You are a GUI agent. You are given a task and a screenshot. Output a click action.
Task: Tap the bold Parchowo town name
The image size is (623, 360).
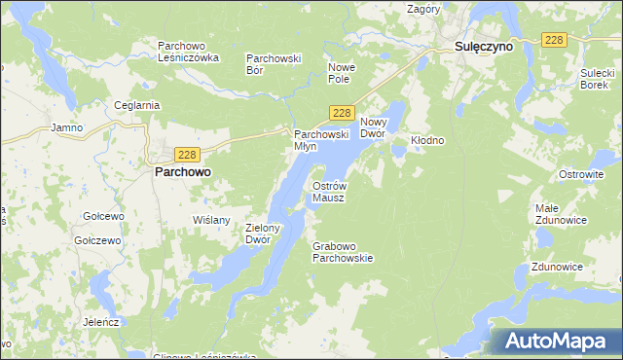183,171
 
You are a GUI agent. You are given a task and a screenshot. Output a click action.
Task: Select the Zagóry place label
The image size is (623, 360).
424,9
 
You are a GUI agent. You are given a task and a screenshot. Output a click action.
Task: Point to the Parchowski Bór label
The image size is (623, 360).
274,63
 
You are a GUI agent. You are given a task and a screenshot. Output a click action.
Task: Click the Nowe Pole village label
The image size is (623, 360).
345,73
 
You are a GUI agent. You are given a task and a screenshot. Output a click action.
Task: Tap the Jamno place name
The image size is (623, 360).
66,127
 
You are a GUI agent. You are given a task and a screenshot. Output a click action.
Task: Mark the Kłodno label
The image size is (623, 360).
427,140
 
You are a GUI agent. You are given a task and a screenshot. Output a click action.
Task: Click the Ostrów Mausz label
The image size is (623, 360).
328,191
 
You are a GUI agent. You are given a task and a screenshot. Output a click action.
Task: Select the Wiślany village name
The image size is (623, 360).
212,220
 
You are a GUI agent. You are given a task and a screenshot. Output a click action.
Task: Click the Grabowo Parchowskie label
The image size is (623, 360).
343,252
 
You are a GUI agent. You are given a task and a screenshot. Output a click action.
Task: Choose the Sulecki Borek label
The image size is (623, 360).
595,79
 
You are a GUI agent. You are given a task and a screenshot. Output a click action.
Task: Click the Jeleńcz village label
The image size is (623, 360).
100,321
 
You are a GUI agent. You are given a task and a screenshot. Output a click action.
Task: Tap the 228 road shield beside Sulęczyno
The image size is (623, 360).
553,39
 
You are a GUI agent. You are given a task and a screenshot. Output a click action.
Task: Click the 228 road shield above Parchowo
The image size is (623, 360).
189,154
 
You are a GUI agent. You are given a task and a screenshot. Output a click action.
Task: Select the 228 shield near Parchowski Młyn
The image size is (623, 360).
340,113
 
